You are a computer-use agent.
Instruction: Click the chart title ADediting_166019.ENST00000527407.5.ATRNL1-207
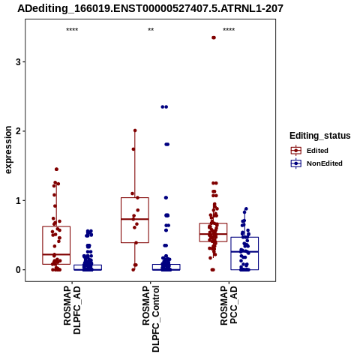coord(150,9)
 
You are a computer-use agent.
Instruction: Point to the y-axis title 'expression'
coord(8,150)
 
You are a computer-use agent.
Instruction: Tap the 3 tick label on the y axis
coord(18,61)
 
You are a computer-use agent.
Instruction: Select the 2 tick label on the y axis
coord(18,131)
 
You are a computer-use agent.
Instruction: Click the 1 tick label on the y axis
coord(18,200)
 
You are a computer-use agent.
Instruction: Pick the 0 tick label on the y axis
coord(18,270)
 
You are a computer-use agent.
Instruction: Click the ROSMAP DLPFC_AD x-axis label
coord(72,310)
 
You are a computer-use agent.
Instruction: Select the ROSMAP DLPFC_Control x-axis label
coord(151,319)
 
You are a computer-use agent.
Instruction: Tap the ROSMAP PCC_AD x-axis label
coord(229,305)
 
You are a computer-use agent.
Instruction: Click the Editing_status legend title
coord(320,136)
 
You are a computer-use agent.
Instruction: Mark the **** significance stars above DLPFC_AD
coord(72,30)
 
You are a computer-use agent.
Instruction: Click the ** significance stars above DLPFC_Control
coord(151,30)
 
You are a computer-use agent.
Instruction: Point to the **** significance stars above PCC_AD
coord(229,30)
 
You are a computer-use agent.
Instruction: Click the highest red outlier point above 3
coord(214,37)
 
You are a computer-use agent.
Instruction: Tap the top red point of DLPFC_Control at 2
coord(135,130)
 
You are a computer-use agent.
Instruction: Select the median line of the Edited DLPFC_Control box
coord(135,219)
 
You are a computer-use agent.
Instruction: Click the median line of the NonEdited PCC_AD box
coord(244,252)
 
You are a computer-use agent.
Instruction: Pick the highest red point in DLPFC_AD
coord(56,169)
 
